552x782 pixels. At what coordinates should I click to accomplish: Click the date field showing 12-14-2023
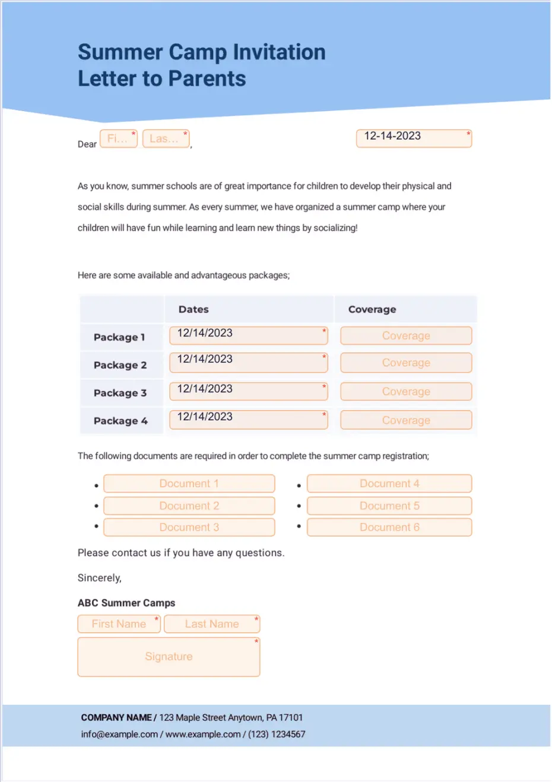pyautogui.click(x=414, y=138)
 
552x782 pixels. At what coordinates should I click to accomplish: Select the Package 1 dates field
pyautogui.click(x=248, y=335)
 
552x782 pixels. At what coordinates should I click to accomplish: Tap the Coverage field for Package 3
pyautogui.click(x=406, y=392)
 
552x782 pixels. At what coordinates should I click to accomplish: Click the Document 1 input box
pyautogui.click(x=189, y=484)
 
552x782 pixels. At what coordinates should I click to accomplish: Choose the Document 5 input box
pyautogui.click(x=389, y=506)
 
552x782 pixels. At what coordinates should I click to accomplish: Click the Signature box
pyautogui.click(x=169, y=657)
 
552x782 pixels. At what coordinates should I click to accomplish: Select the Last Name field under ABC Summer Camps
pyautogui.click(x=212, y=624)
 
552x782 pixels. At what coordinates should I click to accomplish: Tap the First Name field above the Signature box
pyautogui.click(x=119, y=624)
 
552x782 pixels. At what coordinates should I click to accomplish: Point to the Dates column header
pyautogui.click(x=193, y=310)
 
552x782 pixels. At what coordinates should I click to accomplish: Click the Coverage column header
pyautogui.click(x=372, y=310)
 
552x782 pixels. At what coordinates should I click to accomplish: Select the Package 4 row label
pyautogui.click(x=120, y=421)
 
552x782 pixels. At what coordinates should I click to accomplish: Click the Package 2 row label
pyautogui.click(x=120, y=365)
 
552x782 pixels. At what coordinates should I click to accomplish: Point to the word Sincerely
pyautogui.click(x=99, y=578)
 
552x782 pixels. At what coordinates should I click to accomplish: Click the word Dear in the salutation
pyautogui.click(x=87, y=144)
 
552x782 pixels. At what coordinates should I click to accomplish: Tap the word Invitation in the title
pyautogui.click(x=279, y=52)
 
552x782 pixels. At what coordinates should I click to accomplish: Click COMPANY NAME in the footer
pyautogui.click(x=116, y=717)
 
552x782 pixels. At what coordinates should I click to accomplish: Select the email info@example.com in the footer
pyautogui.click(x=119, y=734)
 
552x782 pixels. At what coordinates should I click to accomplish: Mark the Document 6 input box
pyautogui.click(x=389, y=527)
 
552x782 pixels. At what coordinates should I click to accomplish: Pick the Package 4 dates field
pyautogui.click(x=248, y=420)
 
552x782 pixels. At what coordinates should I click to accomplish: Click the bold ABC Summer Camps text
pyautogui.click(x=126, y=603)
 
